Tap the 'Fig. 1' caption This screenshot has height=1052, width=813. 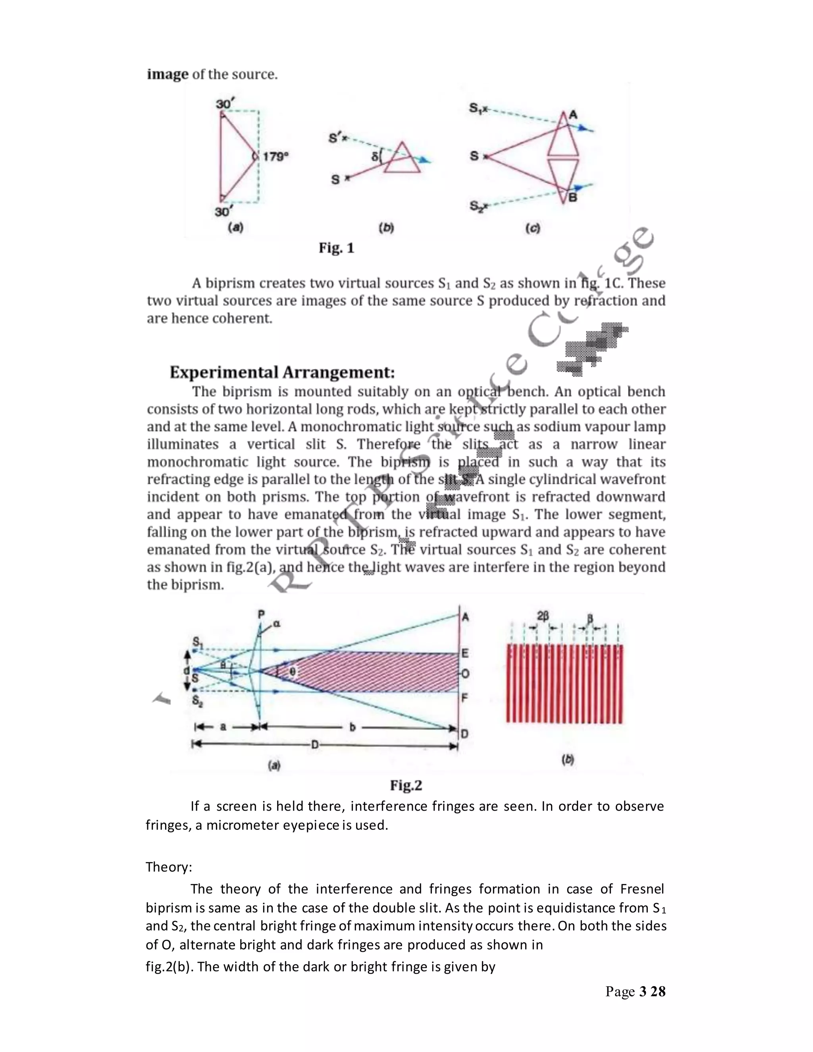[336, 248]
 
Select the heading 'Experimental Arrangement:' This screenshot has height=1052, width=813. [282, 372]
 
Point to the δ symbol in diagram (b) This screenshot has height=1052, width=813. [375, 156]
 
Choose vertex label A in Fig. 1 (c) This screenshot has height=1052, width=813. [573, 115]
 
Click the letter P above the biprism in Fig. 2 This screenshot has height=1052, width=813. [261, 615]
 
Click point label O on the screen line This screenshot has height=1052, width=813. [465, 673]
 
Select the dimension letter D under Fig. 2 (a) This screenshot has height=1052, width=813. [314, 745]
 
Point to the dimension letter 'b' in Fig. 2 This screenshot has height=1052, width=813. [352, 727]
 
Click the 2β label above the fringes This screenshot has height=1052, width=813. [542, 616]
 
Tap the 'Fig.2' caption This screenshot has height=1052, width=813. [406, 786]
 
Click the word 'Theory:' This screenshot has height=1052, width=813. [169, 867]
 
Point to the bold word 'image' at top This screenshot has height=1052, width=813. [168, 75]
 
